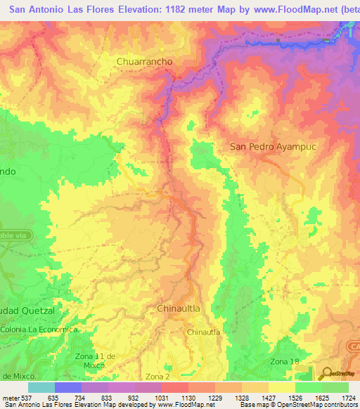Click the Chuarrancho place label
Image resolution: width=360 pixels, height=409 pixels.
tap(144, 61)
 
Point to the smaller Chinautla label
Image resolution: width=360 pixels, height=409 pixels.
tap(204, 332)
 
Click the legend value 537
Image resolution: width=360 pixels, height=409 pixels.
tap(25, 396)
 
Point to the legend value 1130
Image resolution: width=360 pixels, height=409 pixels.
tap(188, 396)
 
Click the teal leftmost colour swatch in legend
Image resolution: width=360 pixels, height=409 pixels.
tap(41, 387)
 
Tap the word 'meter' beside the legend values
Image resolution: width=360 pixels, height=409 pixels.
tap(9, 396)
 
